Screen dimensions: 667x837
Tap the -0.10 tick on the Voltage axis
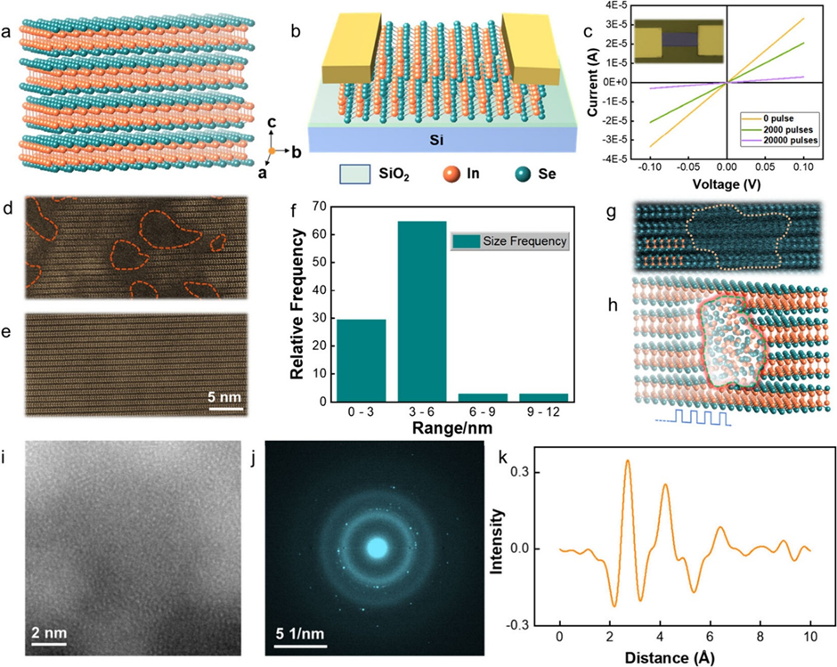point(650,167)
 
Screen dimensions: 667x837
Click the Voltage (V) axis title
point(727,183)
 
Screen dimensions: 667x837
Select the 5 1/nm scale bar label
point(305,632)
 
